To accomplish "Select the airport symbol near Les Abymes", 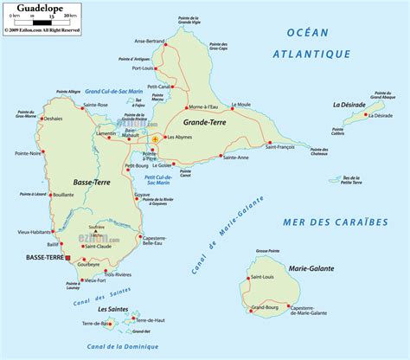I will tap(155, 138).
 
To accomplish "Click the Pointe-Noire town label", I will tap(29, 177).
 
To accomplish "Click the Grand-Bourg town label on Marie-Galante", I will tap(264, 307).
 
